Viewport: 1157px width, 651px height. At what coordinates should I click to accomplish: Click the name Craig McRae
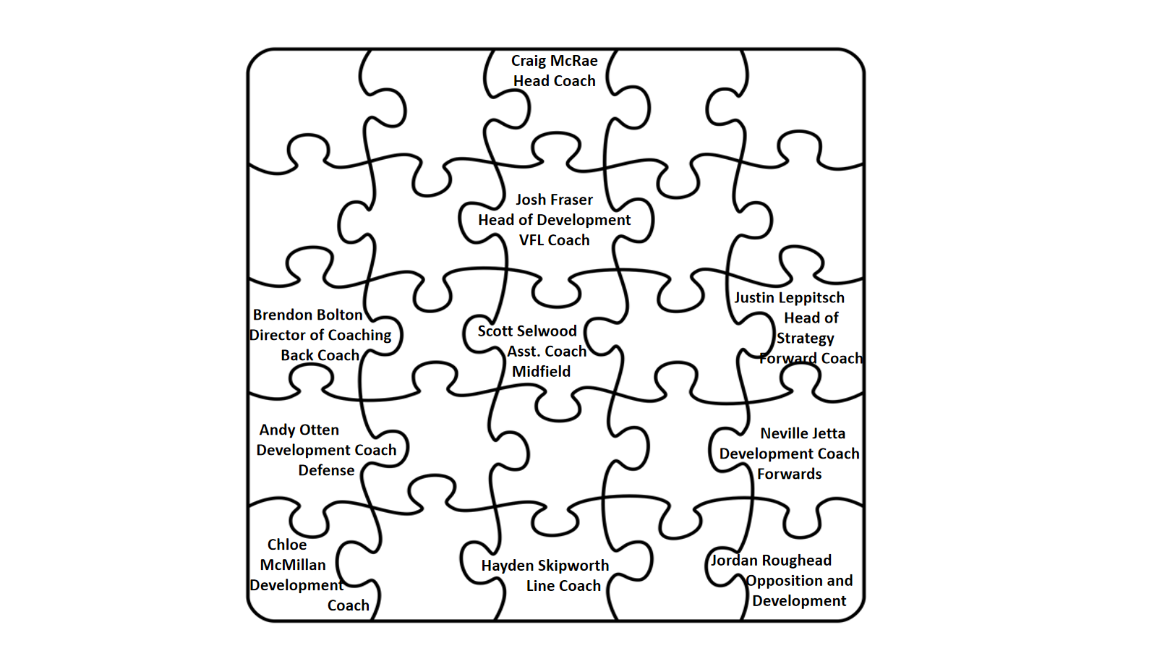pos(554,61)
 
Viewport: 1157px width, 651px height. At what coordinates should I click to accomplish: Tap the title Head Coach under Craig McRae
pos(554,81)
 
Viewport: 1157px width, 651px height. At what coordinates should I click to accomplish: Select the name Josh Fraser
pos(554,200)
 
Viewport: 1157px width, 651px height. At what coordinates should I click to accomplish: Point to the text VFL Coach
pos(554,240)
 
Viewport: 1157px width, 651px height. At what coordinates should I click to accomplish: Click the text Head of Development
pos(554,220)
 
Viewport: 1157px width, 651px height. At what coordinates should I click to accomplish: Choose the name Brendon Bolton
pos(307,315)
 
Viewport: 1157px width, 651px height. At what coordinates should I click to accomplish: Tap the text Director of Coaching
pos(320,335)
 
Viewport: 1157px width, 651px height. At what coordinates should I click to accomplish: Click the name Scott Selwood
pos(527,331)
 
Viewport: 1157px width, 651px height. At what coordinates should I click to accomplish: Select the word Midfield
pos(541,372)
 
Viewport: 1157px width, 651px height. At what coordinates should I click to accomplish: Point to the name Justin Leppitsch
pos(789,298)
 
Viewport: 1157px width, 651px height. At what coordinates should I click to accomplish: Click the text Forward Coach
pos(811,359)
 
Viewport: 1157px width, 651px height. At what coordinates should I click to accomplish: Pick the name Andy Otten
pos(299,430)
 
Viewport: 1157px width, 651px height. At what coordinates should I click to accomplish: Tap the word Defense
pos(326,470)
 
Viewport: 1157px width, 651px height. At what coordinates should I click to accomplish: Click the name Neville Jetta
pos(803,433)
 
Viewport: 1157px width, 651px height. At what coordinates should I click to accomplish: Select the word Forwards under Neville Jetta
pos(789,474)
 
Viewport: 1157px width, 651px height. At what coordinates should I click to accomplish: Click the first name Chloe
pos(287,545)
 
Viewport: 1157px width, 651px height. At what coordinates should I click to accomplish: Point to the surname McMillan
pos(293,565)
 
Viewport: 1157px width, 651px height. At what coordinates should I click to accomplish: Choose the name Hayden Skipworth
pos(545,566)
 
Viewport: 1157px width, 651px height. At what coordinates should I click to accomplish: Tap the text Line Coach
pos(563,586)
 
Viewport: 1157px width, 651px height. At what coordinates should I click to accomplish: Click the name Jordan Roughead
pos(771,561)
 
